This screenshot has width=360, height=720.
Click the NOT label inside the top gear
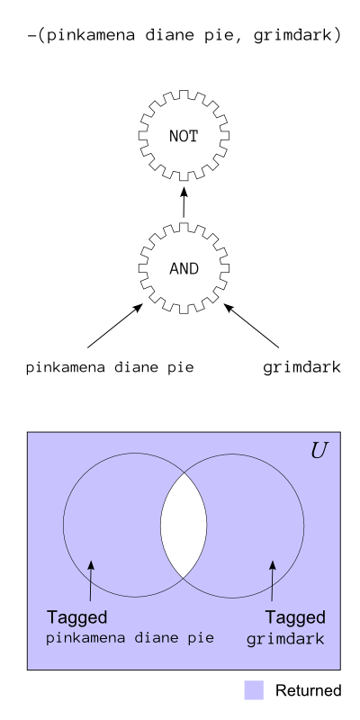click(x=184, y=137)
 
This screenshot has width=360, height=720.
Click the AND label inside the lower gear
click(x=184, y=268)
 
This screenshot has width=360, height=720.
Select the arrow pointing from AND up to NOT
click(x=184, y=202)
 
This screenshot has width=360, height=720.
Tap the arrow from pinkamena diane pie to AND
click(x=115, y=326)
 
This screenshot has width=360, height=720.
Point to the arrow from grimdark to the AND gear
click(x=251, y=326)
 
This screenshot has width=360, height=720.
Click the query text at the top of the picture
click(x=184, y=36)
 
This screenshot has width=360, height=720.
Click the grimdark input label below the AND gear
click(x=301, y=368)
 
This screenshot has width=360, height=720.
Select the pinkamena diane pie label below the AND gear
click(x=110, y=368)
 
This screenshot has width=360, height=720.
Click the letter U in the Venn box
click(x=319, y=452)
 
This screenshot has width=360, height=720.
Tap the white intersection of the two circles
click(x=184, y=526)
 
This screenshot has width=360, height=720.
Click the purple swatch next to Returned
click(x=254, y=690)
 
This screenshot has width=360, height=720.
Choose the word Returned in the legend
click(x=308, y=690)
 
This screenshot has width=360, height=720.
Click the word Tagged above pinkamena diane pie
click(x=76, y=617)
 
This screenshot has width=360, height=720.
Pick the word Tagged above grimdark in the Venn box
click(x=295, y=617)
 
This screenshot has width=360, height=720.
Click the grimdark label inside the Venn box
click(x=285, y=639)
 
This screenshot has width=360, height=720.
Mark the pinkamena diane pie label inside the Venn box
click(x=130, y=638)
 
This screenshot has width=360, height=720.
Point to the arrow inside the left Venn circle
click(x=91, y=580)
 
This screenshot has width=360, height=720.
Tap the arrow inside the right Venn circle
click(x=273, y=580)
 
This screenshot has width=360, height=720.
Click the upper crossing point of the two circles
click(x=184, y=472)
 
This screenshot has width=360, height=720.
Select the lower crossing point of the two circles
click(x=184, y=578)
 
